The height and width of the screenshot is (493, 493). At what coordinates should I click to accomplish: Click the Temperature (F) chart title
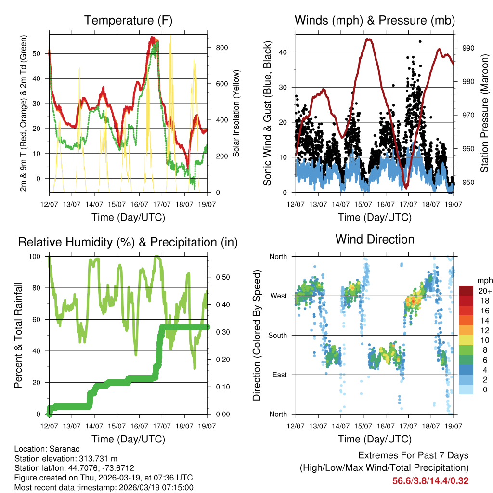128,20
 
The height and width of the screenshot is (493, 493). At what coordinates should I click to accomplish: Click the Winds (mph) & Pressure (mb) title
375,20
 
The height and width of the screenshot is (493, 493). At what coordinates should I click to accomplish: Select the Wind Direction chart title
375,239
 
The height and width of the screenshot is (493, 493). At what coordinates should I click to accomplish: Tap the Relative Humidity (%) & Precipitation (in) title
128,242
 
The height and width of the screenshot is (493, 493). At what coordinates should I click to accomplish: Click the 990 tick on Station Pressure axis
469,48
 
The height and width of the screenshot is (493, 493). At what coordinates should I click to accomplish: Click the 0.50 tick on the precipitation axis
222,277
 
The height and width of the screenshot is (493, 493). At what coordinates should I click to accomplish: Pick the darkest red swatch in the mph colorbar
466,291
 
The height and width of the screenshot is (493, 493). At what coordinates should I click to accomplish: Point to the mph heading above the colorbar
484,281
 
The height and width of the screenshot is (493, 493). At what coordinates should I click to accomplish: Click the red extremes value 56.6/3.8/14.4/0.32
430,480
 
